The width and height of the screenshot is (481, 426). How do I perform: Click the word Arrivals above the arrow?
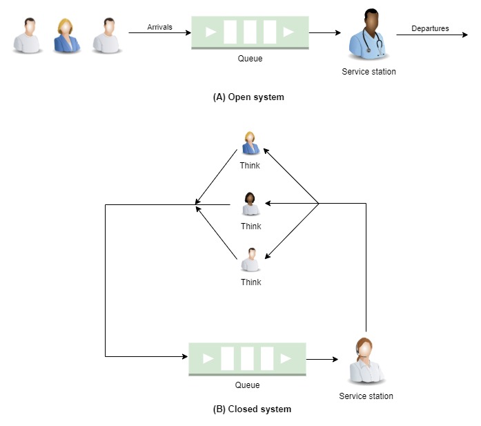[159, 27]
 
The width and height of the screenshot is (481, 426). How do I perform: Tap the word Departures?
[430, 28]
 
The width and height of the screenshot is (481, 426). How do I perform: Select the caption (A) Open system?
[248, 97]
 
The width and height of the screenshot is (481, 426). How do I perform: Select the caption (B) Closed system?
[252, 409]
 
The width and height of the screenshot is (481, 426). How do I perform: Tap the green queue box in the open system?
[249, 32]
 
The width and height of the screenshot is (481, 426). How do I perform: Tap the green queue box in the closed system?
[247, 358]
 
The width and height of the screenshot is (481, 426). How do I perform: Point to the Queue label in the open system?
[250, 59]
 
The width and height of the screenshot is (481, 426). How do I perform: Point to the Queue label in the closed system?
[247, 385]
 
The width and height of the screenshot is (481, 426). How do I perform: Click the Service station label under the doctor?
[369, 72]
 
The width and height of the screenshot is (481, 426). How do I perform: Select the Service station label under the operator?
[366, 396]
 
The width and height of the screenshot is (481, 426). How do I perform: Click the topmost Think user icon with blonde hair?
[250, 143]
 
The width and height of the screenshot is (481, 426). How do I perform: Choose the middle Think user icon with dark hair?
[251, 204]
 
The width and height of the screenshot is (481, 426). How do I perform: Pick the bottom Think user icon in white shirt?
[251, 260]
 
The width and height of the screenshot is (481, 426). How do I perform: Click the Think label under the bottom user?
[251, 282]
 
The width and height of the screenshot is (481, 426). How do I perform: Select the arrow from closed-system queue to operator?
[322, 359]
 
